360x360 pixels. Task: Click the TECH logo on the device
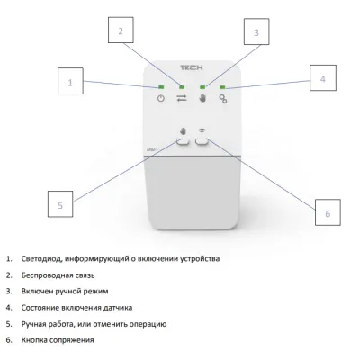[x=192, y=67]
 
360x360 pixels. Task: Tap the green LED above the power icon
[x=161, y=87]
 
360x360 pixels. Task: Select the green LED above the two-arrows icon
[x=182, y=87]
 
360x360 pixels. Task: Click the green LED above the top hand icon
[x=202, y=87]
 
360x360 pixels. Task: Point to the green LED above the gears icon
[x=222, y=87]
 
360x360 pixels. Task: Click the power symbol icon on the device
[x=161, y=98]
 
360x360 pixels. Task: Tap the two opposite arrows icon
[x=182, y=98]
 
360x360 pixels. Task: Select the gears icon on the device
[x=223, y=99]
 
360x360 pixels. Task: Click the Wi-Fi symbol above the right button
[x=202, y=130]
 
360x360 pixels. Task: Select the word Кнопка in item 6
[x=34, y=340]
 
